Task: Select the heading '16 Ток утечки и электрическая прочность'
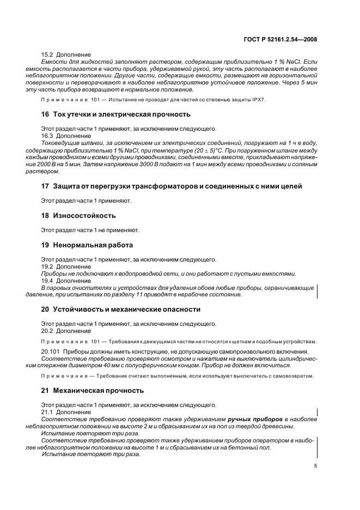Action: [x=116, y=114]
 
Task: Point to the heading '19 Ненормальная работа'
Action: [x=87, y=245]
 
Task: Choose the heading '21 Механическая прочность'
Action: [x=93, y=391]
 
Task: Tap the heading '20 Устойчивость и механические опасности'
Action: [x=121, y=309]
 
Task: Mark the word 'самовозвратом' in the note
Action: [x=296, y=377]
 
